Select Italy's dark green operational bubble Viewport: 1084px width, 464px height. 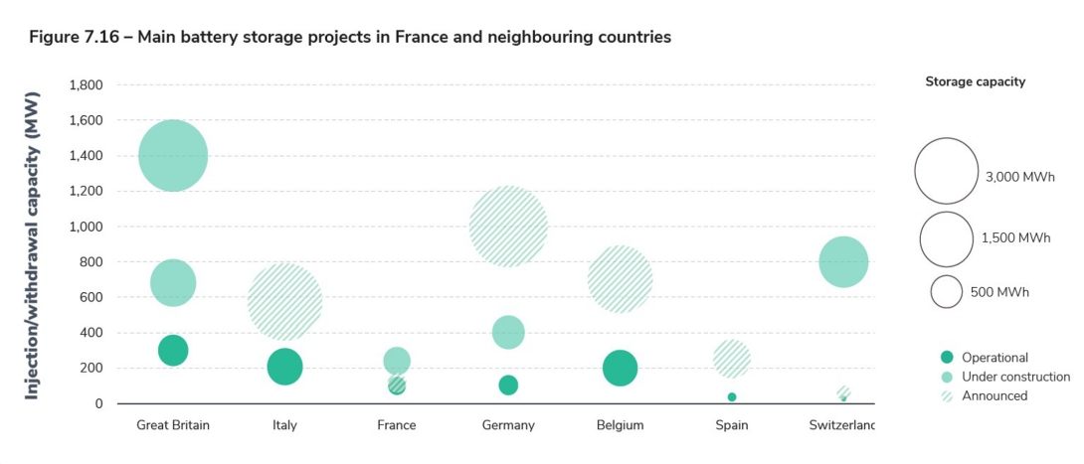tap(284, 367)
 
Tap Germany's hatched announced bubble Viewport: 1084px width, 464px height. tap(508, 227)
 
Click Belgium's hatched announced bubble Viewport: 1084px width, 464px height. tap(620, 279)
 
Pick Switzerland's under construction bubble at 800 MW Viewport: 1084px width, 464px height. tap(843, 262)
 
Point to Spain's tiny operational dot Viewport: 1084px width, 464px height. tap(732, 396)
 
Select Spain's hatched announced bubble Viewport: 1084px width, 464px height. tap(732, 359)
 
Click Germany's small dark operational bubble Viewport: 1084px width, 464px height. tap(508, 385)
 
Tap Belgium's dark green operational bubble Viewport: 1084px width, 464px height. tap(620, 368)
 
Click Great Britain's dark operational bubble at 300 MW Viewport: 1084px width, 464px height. tap(173, 350)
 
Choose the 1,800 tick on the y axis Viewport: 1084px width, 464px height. tap(86, 85)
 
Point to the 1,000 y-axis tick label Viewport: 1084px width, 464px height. tap(86, 227)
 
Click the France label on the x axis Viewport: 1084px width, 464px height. tap(397, 425)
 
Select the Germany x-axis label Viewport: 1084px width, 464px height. tap(508, 425)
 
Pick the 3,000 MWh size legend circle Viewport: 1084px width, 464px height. tap(946, 170)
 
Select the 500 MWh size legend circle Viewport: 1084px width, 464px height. tap(946, 292)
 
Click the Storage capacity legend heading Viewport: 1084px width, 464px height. tap(975, 82)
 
